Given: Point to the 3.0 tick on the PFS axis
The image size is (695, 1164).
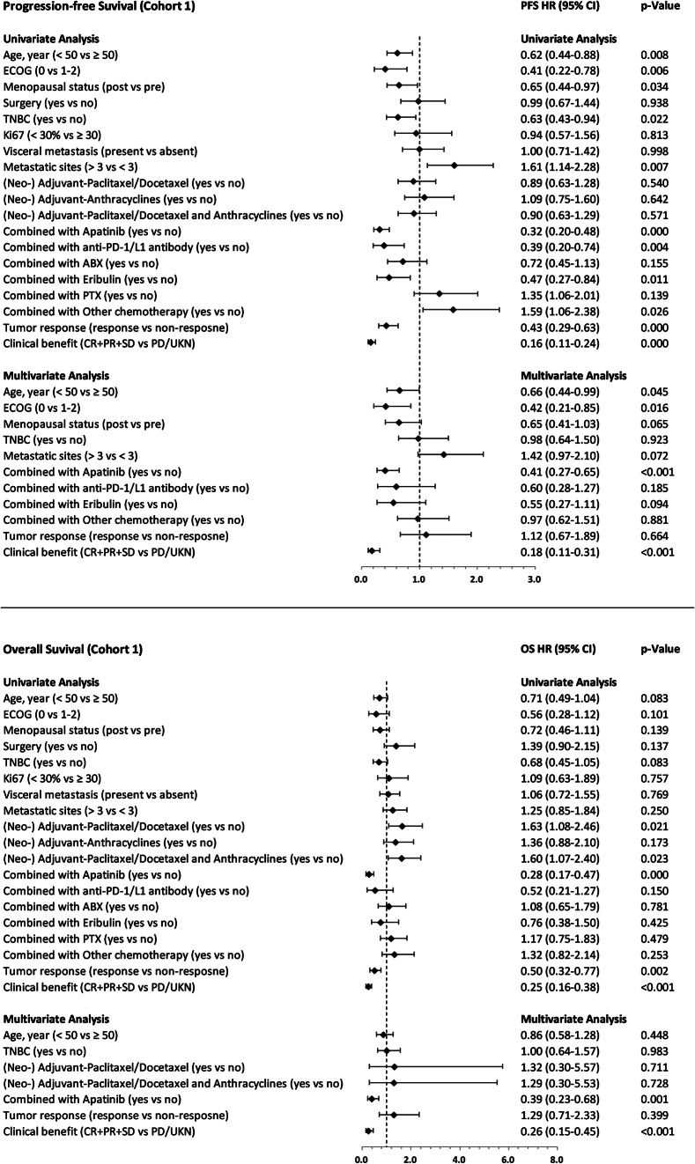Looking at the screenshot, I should pyautogui.click(x=534, y=581).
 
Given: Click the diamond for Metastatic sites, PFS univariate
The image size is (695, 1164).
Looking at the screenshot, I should pyautogui.click(x=455, y=166).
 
